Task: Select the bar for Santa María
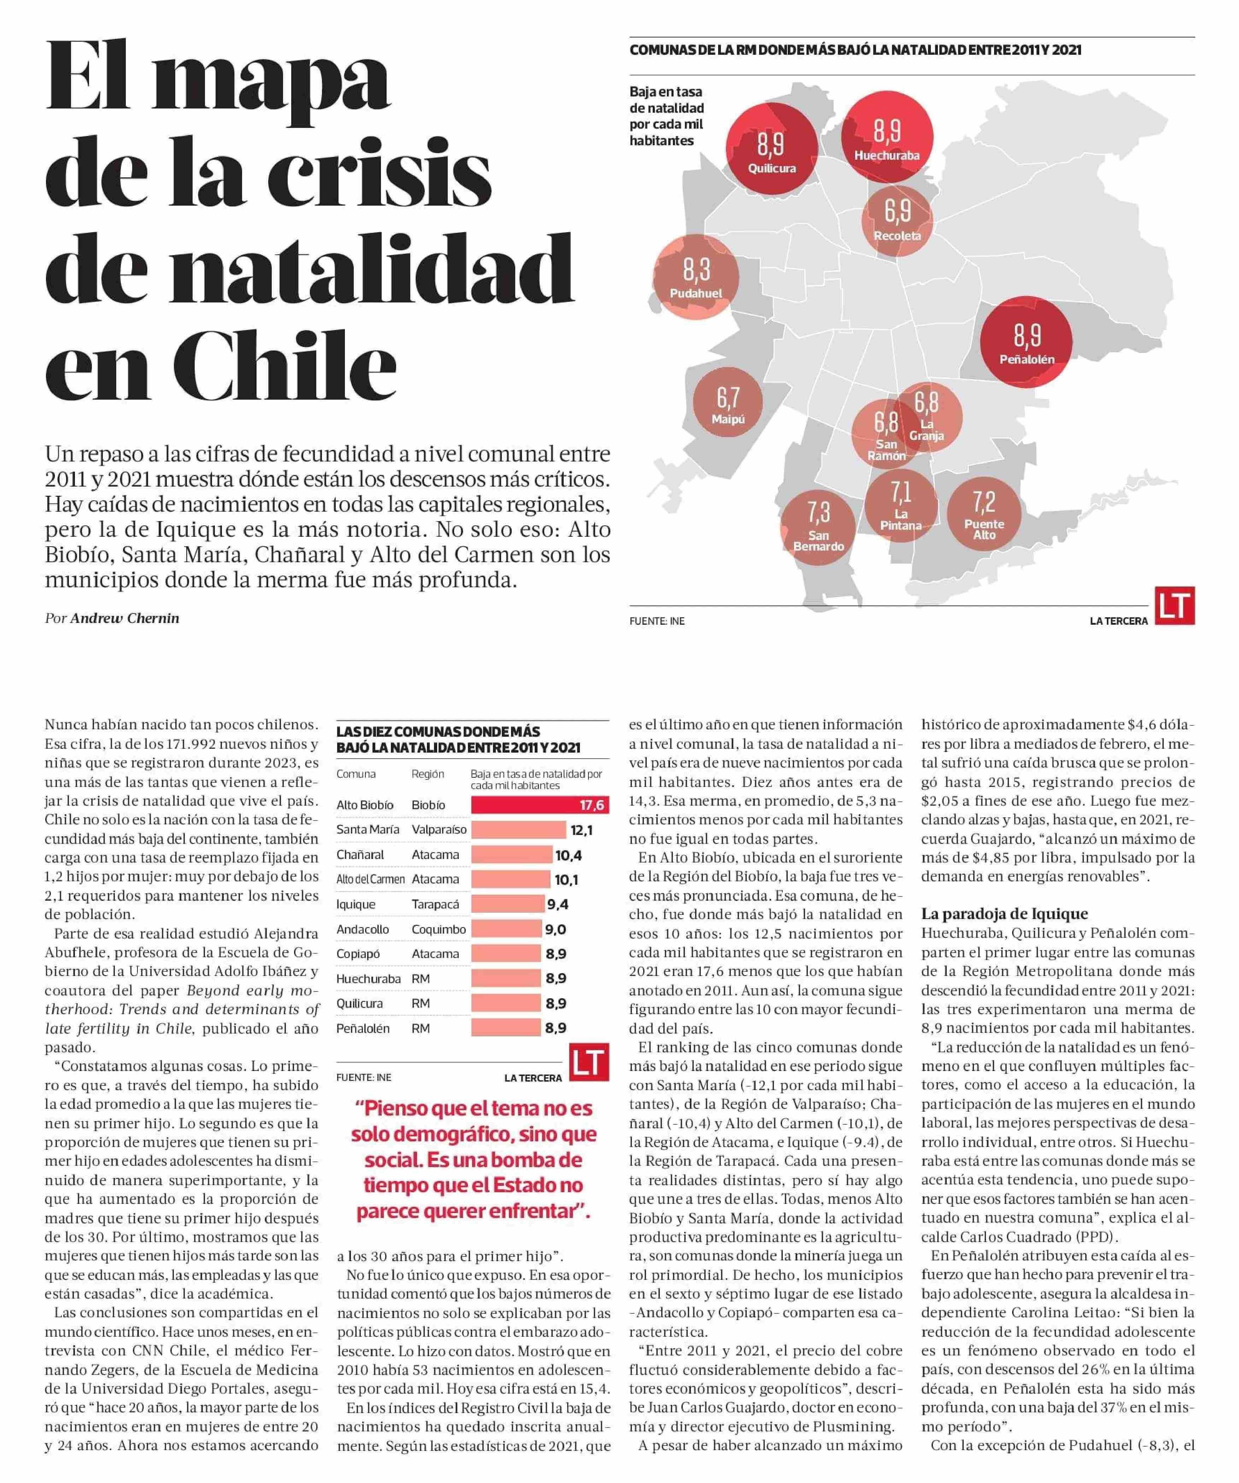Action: point(518,830)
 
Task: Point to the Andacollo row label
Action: point(362,929)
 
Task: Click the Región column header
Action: point(427,774)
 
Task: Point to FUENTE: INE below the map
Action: point(656,622)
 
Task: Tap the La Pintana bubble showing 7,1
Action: point(901,505)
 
